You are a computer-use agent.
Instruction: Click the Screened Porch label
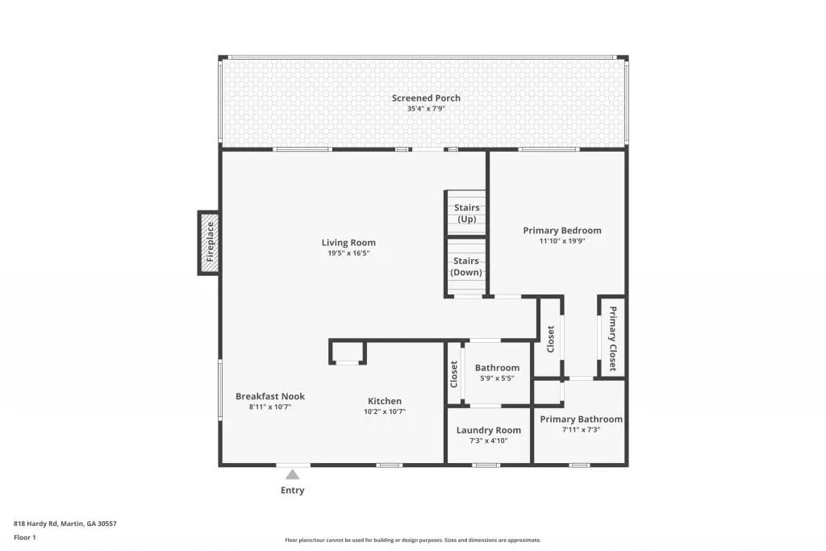pos(426,98)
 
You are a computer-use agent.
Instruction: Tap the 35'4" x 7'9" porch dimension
pos(426,108)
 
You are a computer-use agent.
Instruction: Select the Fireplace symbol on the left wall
pos(210,242)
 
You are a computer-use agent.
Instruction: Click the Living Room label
pos(348,243)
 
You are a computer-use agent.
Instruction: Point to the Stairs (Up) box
pos(466,213)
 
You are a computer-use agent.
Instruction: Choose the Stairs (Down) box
pos(466,266)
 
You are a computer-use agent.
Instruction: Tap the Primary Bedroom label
pos(561,231)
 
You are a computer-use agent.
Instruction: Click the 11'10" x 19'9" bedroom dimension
pos(561,240)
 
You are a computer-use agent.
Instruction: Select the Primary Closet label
pos(612,339)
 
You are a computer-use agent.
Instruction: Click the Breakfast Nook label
pos(270,396)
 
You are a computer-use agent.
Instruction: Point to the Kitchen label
pos(385,401)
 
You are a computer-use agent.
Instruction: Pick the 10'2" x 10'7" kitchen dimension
pos(385,411)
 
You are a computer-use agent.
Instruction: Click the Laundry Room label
pos(489,430)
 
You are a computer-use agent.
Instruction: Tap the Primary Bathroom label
pos(582,420)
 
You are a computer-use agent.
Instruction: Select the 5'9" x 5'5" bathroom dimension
pos(497,378)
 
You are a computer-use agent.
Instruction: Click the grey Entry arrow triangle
pos(292,475)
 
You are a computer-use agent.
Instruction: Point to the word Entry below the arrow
pos(292,490)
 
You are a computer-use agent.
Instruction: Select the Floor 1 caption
pos(25,537)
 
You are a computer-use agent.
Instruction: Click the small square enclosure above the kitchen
pos(348,352)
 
